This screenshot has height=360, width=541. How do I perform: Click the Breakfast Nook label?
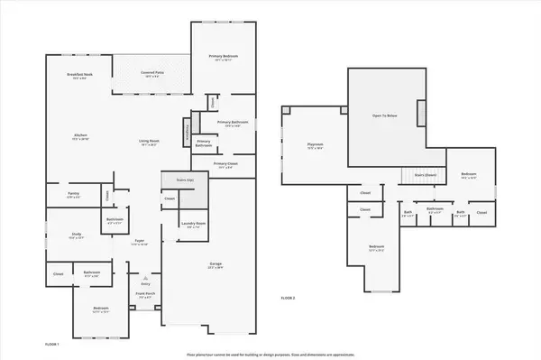tap(80, 74)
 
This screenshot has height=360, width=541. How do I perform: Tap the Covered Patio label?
tap(151, 74)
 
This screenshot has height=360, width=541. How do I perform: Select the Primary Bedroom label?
tap(221, 58)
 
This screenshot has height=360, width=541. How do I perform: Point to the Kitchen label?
tap(80, 136)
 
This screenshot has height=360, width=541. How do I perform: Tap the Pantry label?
tap(74, 193)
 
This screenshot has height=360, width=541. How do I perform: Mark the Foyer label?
tap(141, 242)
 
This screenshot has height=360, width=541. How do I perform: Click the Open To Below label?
tap(385, 115)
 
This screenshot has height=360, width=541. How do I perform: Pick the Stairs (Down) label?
tap(425, 174)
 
